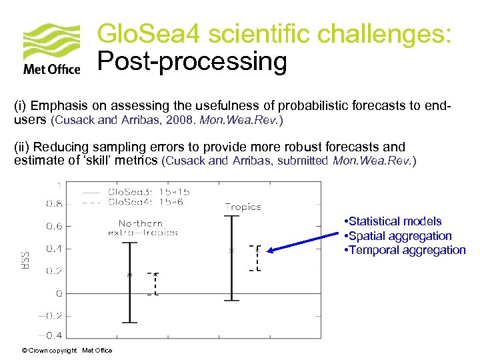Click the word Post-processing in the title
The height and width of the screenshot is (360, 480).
[192, 61]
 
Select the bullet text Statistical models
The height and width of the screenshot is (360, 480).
[395, 221]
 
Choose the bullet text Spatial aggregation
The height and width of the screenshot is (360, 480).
[399, 236]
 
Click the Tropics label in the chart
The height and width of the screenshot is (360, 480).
[243, 207]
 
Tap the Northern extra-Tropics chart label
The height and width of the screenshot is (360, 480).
[143, 228]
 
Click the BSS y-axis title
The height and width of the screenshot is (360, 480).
[25, 259]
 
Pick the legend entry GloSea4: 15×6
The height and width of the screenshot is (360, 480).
[133, 202]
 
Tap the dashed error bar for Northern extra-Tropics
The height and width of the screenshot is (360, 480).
[154, 284]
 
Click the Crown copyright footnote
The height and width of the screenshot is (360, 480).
[67, 351]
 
